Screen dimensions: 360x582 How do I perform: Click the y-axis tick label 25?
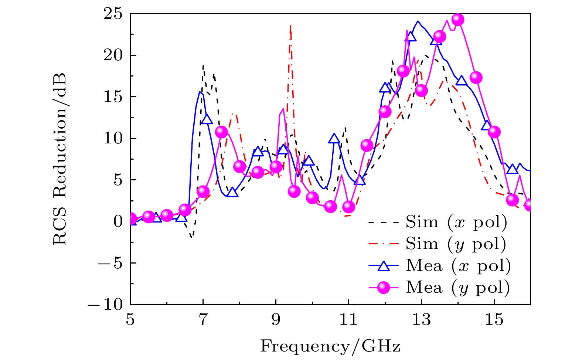tap(113, 14)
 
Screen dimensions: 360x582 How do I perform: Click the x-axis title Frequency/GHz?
tap(330, 346)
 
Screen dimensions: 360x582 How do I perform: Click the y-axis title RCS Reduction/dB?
tap(59, 159)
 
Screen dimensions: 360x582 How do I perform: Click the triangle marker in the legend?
tap(384, 266)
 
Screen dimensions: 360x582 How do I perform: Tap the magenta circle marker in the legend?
tap(384, 287)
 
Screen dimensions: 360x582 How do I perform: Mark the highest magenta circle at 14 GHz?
tap(457, 19)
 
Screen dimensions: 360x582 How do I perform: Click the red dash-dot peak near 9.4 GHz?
tap(290, 26)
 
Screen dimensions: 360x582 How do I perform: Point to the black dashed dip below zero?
tap(191, 237)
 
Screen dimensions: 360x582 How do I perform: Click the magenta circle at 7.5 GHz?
tap(221, 132)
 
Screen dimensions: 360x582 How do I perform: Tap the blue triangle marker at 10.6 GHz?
tap(334, 138)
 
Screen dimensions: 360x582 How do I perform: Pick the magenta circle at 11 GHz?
tap(348, 207)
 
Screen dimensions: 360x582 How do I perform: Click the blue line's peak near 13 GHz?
tap(418, 21)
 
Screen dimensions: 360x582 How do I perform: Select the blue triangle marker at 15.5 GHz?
tap(512, 169)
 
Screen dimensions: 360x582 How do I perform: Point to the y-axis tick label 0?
tap(118, 222)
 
